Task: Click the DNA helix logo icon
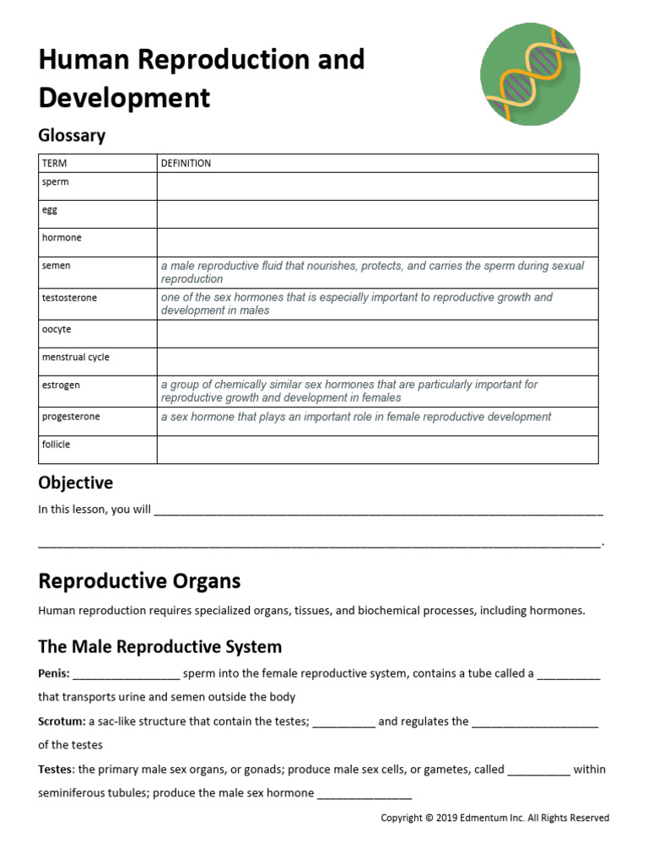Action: pyautogui.click(x=530, y=75)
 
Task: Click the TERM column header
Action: pyautogui.click(x=54, y=163)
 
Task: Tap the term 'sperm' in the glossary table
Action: pyautogui.click(x=56, y=181)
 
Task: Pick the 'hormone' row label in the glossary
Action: pyautogui.click(x=62, y=238)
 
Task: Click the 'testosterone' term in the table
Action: pyautogui.click(x=69, y=298)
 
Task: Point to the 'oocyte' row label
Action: pyautogui.click(x=57, y=329)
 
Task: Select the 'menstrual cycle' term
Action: pyautogui.click(x=76, y=357)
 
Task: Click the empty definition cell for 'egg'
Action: pyautogui.click(x=377, y=214)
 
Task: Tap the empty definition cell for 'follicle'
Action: pyautogui.click(x=377, y=449)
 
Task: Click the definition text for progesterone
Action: pyautogui.click(x=356, y=417)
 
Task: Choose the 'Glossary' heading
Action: pyautogui.click(x=72, y=135)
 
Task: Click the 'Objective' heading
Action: pyautogui.click(x=75, y=483)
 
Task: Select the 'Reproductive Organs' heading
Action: pyautogui.click(x=139, y=580)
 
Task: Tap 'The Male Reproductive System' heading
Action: pyautogui.click(x=159, y=646)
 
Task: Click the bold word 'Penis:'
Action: pyautogui.click(x=54, y=673)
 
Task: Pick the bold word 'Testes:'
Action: pyautogui.click(x=57, y=769)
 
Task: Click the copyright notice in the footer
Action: pyautogui.click(x=494, y=818)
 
